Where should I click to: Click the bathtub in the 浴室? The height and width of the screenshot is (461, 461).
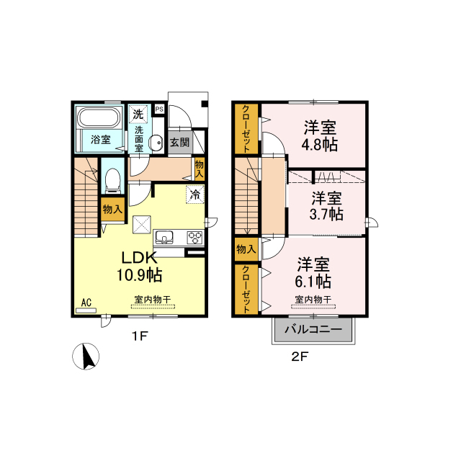pyautogui.click(x=99, y=118)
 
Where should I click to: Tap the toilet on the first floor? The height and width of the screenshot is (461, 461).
pyautogui.click(x=113, y=180)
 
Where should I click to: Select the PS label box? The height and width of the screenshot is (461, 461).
pyautogui.click(x=159, y=109)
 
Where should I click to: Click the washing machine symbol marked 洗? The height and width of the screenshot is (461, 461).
pyautogui.click(x=138, y=115)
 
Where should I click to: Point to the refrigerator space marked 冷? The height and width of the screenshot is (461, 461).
pyautogui.click(x=195, y=194)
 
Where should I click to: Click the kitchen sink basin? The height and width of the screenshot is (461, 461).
pyautogui.click(x=164, y=237)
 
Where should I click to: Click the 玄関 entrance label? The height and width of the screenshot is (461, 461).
pyautogui.click(x=179, y=143)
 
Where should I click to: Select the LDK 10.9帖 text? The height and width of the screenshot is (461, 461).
pyautogui.click(x=139, y=267)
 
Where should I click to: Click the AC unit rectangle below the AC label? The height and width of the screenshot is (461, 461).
pyautogui.click(x=86, y=310)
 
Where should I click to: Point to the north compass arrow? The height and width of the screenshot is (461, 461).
pyautogui.click(x=89, y=356)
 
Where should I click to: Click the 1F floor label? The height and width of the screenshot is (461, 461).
pyautogui.click(x=139, y=336)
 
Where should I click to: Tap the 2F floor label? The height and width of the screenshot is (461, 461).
pyautogui.click(x=300, y=357)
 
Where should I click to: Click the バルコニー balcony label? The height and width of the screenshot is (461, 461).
pyautogui.click(x=313, y=329)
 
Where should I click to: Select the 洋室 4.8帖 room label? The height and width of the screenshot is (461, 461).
pyautogui.click(x=320, y=136)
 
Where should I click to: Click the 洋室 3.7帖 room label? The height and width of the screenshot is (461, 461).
pyautogui.click(x=326, y=206)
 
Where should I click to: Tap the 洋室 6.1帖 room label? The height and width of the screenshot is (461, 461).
pyautogui.click(x=313, y=272)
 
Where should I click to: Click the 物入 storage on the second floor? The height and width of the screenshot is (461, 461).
pyautogui.click(x=246, y=249)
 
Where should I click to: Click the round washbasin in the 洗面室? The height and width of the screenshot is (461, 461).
pyautogui.click(x=156, y=143)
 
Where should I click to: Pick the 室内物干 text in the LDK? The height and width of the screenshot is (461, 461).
pyautogui.click(x=153, y=300)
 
